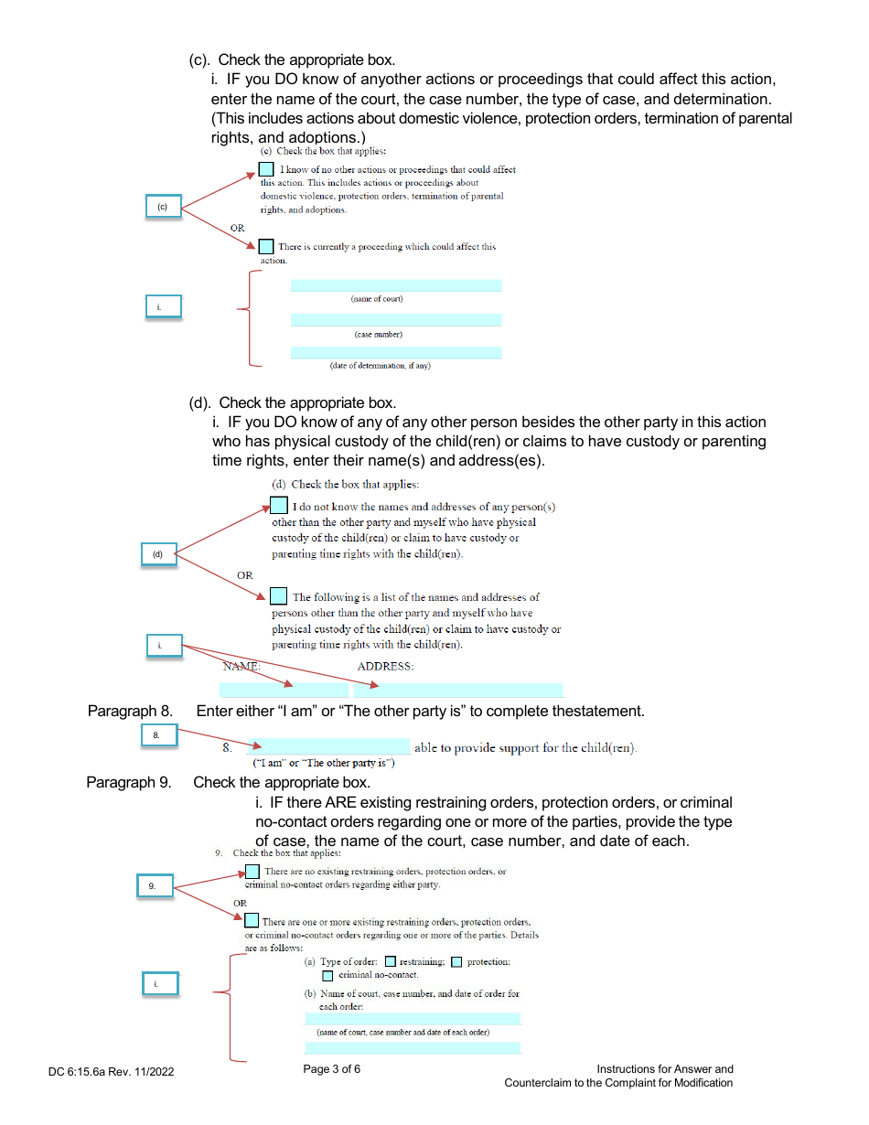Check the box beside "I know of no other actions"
(x=266, y=169)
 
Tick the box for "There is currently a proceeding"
(x=266, y=246)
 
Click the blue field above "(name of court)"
(x=395, y=285)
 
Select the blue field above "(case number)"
(x=395, y=320)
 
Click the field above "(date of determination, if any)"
(x=395, y=352)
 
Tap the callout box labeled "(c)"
(x=164, y=208)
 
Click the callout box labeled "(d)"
(x=158, y=553)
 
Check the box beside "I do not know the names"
(x=279, y=506)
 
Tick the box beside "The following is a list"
(x=279, y=596)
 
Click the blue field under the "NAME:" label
(x=284, y=690)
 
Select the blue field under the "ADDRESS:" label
(x=458, y=690)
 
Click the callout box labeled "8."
(x=158, y=734)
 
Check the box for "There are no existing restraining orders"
(x=252, y=872)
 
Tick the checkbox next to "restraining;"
(x=390, y=961)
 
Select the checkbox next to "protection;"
(x=456, y=961)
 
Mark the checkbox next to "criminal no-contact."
(x=327, y=975)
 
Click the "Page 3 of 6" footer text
(x=332, y=1069)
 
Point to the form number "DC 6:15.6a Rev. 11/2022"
(x=112, y=1071)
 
